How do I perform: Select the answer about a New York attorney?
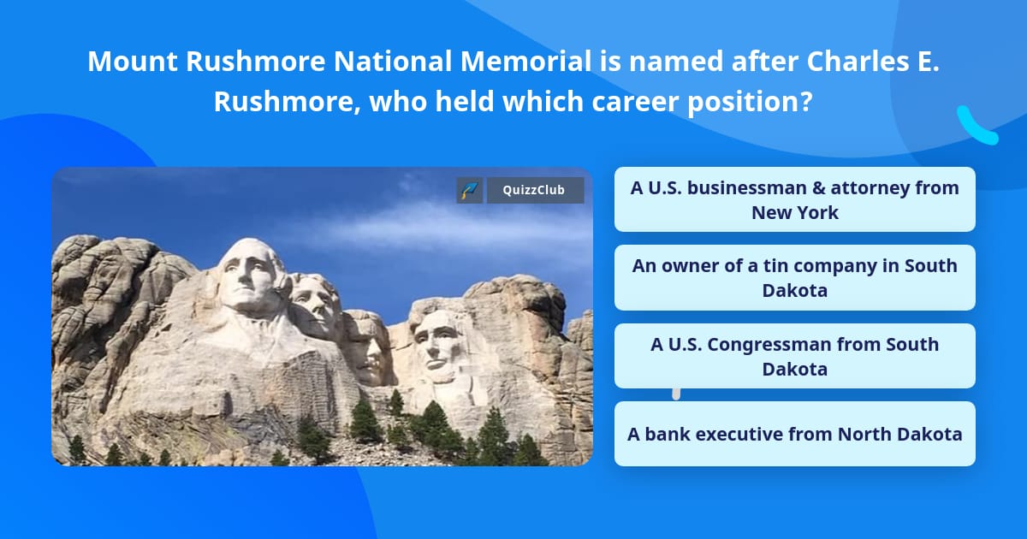pos(794,199)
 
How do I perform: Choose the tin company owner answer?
pos(794,277)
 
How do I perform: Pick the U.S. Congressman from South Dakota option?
pos(794,356)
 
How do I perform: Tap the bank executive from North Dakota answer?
pos(794,434)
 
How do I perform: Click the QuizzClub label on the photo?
pos(535,190)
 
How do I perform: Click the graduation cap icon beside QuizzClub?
pos(470,190)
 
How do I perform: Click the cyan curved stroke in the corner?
pos(976,127)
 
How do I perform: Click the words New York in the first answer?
pos(794,213)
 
